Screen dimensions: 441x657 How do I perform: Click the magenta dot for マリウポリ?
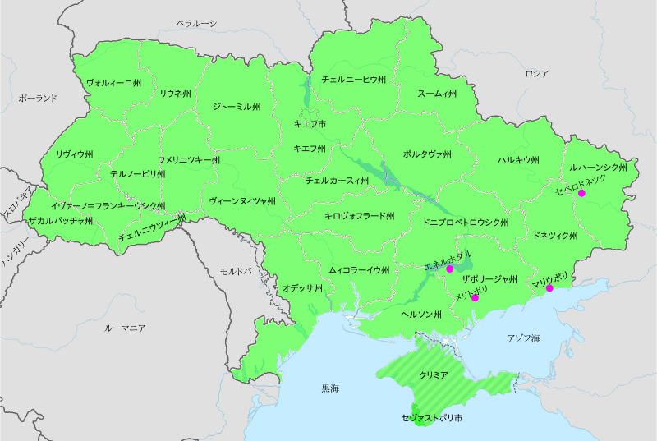tap(549, 288)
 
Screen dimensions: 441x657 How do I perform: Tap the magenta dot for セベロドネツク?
tap(581, 194)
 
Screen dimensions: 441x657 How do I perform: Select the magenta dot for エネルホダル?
tap(449, 269)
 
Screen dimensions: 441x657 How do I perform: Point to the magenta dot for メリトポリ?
tap(476, 298)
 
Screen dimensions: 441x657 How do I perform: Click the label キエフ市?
tap(310, 123)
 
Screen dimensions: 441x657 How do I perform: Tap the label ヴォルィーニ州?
tap(114, 83)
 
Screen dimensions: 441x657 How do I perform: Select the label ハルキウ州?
tap(518, 160)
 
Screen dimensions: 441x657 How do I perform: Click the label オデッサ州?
tap(302, 288)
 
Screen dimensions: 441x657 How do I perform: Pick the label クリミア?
tap(434, 374)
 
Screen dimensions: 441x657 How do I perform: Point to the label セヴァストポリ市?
tap(432, 418)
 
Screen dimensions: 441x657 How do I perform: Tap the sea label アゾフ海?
tap(523, 338)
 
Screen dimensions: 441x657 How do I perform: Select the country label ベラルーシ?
tap(197, 24)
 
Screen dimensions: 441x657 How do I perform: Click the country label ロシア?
tap(536, 74)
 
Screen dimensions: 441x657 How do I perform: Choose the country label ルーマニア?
tap(126, 328)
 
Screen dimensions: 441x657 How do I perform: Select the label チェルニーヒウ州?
tap(353, 80)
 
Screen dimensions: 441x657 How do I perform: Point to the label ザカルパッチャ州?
tap(60, 221)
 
